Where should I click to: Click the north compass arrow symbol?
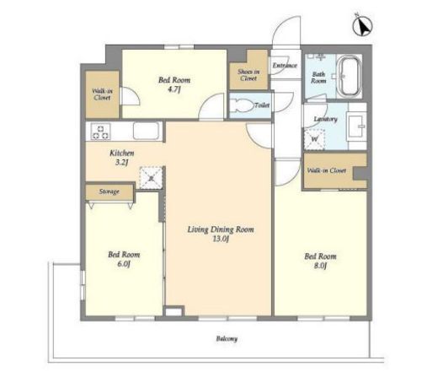[x=362, y=25]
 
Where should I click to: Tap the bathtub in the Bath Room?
[x=350, y=76]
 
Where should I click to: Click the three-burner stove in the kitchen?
[x=101, y=132]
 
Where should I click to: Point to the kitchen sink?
[x=146, y=131]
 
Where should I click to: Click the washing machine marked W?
[x=315, y=139]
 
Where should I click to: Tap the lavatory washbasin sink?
[x=357, y=126]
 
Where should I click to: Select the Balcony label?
[x=227, y=339]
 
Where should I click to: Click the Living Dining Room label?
[x=221, y=229]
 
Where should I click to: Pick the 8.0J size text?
[x=320, y=266]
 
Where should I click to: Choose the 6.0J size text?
[x=124, y=264]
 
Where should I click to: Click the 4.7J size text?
[x=174, y=89]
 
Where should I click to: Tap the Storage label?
[x=109, y=191]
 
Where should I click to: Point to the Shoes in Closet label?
[x=248, y=75]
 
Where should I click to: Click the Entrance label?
[x=285, y=66]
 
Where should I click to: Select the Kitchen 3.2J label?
[x=122, y=158]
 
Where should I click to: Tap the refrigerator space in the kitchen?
[x=152, y=178]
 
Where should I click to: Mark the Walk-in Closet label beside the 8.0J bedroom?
[x=327, y=170]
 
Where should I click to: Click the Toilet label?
[x=262, y=105]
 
